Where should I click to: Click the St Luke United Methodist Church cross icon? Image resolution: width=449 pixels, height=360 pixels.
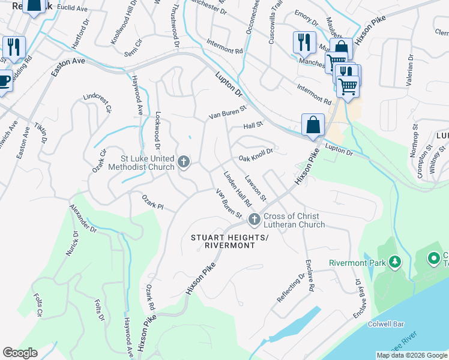(x=184, y=162)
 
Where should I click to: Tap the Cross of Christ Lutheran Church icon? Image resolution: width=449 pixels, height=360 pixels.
(x=255, y=220)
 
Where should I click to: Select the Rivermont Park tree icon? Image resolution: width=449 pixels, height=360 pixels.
(x=394, y=262)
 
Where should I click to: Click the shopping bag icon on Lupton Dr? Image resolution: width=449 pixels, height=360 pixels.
(x=312, y=125)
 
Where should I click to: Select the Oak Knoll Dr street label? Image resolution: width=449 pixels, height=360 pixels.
(x=256, y=155)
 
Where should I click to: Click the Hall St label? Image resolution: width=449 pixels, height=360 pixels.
(x=253, y=125)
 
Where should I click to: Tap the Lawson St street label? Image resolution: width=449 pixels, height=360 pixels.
(x=256, y=188)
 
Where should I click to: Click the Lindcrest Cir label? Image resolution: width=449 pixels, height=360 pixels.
(x=98, y=103)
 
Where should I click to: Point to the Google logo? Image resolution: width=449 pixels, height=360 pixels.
(x=20, y=353)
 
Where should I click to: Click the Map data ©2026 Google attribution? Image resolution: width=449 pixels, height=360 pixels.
(x=412, y=355)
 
